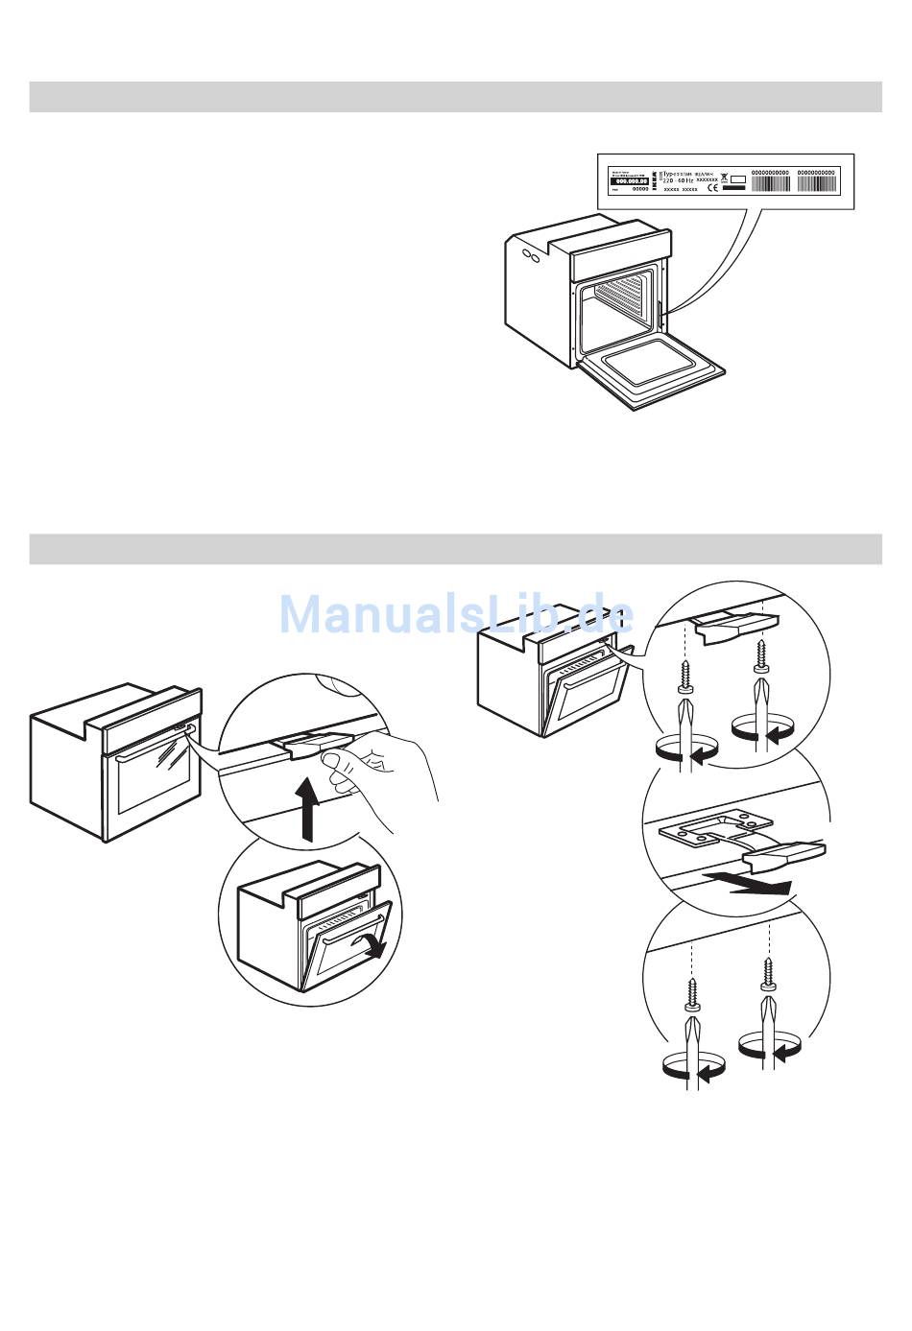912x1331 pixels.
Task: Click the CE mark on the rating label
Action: (x=713, y=189)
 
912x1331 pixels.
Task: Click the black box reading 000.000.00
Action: (x=630, y=180)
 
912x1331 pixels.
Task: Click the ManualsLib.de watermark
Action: (x=456, y=614)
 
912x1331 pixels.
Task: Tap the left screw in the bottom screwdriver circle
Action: (x=693, y=993)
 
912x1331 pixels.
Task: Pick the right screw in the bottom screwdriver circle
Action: (x=767, y=974)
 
